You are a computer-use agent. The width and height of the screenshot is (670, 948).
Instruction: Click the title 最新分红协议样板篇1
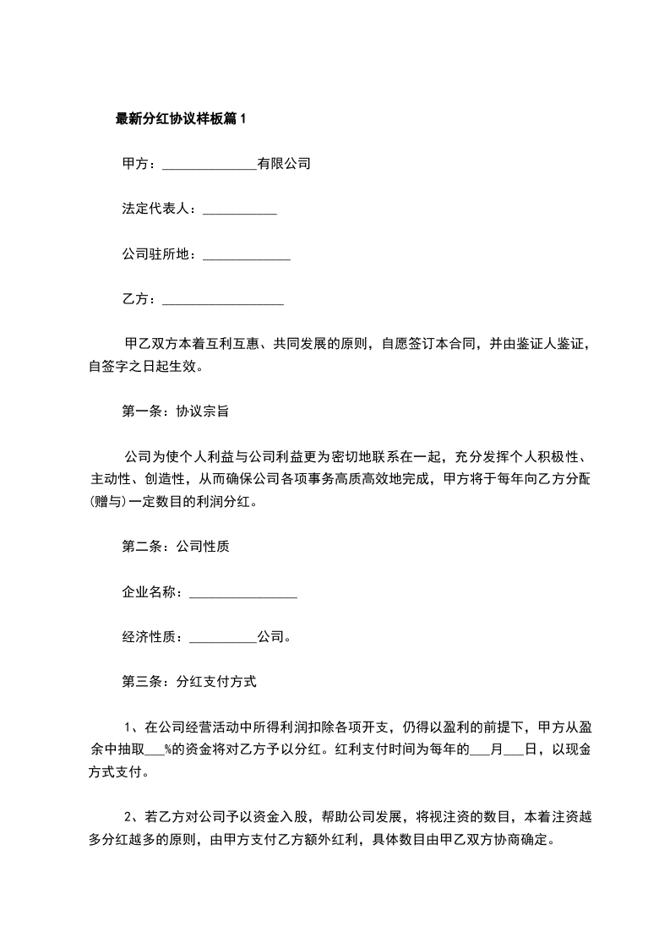click(x=180, y=119)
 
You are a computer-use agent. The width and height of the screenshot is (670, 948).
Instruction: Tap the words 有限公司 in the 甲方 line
click(x=284, y=164)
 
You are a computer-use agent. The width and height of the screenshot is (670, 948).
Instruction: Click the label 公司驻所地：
click(x=159, y=254)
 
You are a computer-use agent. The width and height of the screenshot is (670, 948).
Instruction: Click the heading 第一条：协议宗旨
click(x=176, y=412)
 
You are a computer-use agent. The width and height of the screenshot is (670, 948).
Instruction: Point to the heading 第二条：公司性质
click(x=176, y=546)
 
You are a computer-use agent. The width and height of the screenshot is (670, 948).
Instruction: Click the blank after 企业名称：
click(x=243, y=595)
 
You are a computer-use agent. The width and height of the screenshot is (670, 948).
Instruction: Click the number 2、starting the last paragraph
click(x=131, y=817)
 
